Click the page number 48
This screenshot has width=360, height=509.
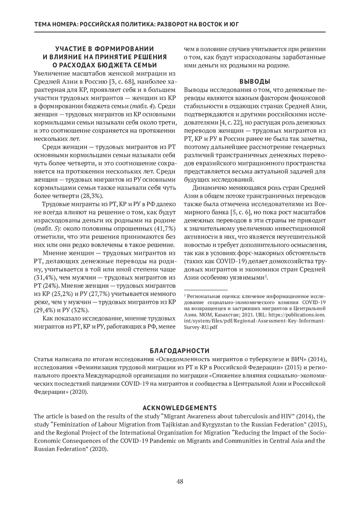[180, 482]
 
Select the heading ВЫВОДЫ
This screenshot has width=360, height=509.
[255, 82]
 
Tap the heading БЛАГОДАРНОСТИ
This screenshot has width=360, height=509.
[180, 351]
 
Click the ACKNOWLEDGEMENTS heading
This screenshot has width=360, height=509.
[180, 408]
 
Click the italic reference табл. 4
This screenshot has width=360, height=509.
[146, 106]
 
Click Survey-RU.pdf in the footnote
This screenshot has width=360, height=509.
[201, 327]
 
